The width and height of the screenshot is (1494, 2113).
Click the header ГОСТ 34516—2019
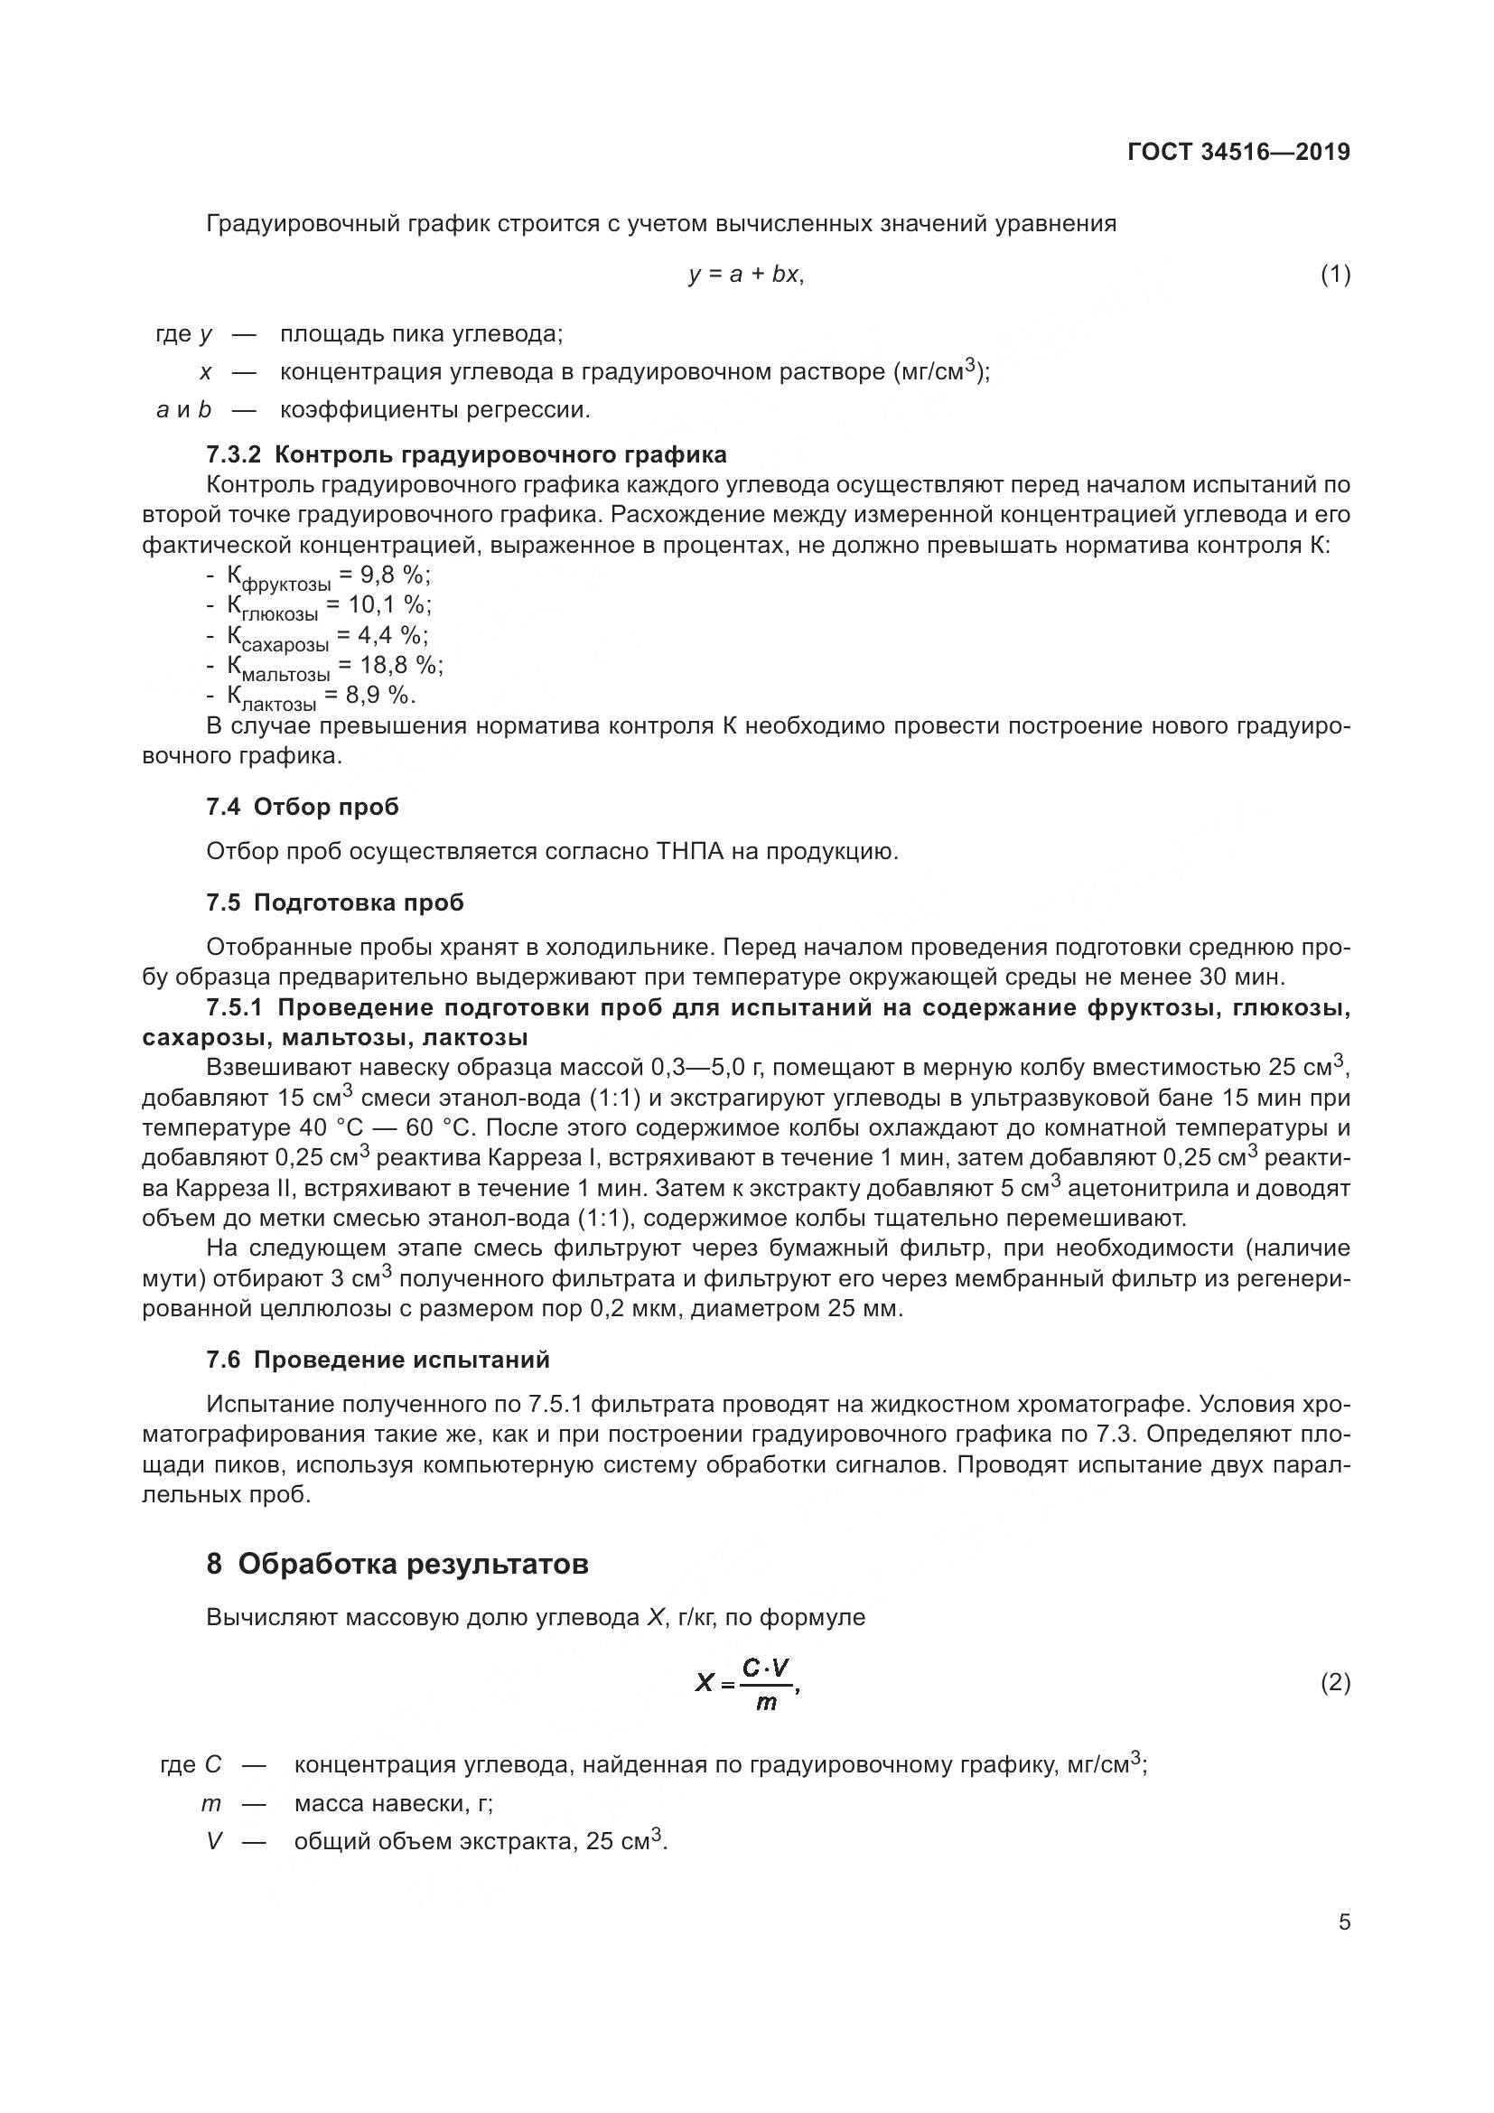coord(1238,152)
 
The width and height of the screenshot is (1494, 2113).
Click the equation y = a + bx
coord(746,275)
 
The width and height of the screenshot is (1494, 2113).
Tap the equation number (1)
coord(1335,275)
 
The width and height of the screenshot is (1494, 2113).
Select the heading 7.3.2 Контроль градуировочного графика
coord(465,453)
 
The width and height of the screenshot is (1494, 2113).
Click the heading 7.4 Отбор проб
coord(303,807)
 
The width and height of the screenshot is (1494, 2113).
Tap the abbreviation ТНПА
coord(690,851)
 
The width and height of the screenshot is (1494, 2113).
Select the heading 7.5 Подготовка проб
coord(335,902)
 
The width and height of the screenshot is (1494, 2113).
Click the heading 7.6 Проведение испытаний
coord(378,1360)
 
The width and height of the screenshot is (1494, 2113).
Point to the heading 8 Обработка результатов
coord(397,1564)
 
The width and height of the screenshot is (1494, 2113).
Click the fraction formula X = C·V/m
coord(747,1683)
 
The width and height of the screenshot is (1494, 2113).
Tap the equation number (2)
coord(1335,1682)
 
